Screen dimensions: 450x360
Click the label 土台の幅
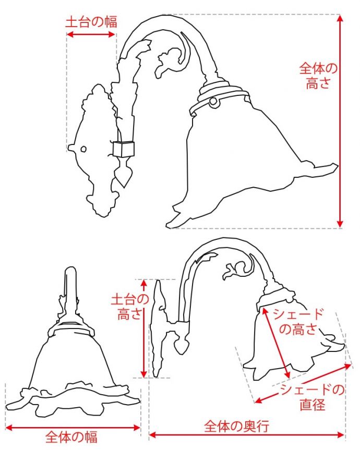[x=91, y=22]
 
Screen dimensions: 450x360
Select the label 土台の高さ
[x=129, y=307]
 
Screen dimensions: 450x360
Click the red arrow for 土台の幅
[x=91, y=35]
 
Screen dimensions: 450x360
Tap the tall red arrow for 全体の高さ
[x=340, y=120]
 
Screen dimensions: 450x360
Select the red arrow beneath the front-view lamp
[x=73, y=428]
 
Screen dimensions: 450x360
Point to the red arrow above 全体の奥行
[x=247, y=434]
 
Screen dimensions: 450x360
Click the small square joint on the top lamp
[x=124, y=149]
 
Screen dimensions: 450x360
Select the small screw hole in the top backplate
[x=83, y=150]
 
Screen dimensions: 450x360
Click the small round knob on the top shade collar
[x=213, y=102]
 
